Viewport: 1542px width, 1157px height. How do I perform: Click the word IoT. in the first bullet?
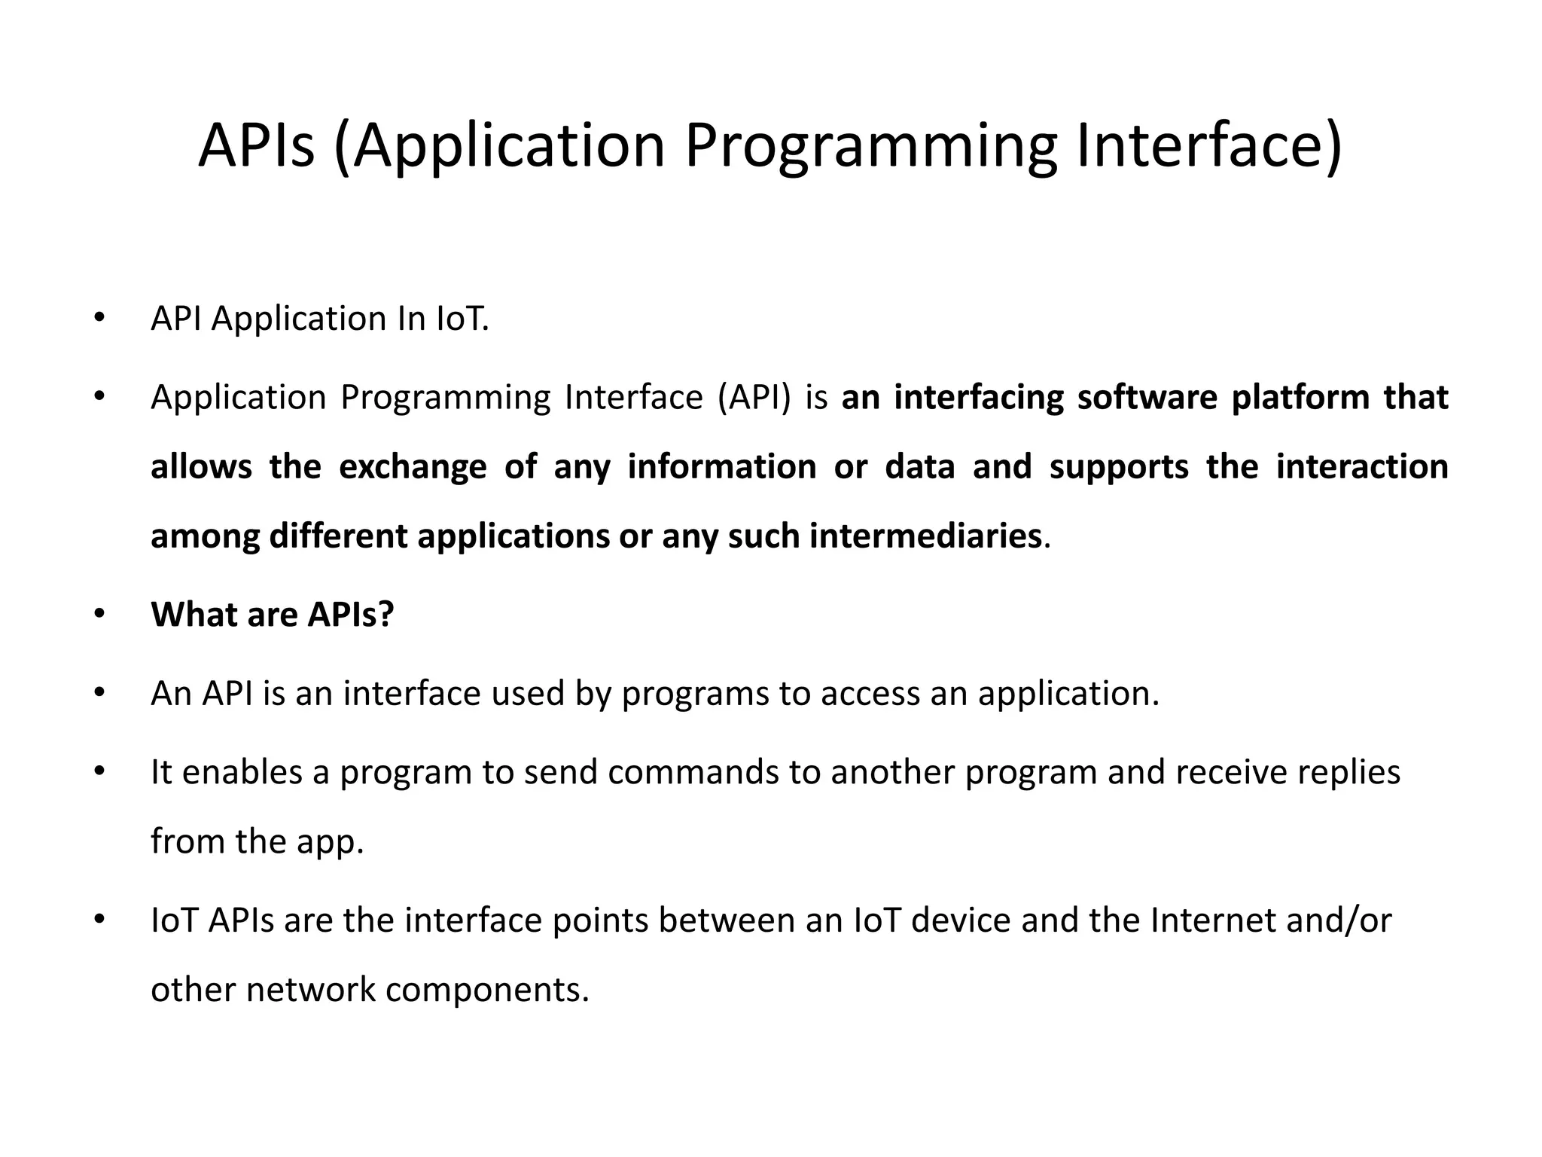462,319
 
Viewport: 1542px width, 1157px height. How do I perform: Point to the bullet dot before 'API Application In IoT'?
99,317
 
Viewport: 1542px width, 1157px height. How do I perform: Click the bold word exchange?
413,467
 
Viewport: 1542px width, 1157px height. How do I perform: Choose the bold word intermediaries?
925,536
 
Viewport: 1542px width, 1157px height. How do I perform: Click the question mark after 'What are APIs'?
386,614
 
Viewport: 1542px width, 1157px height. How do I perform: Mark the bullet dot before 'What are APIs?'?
99,614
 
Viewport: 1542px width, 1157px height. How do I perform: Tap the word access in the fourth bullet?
870,694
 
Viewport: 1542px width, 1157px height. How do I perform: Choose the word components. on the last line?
487,991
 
